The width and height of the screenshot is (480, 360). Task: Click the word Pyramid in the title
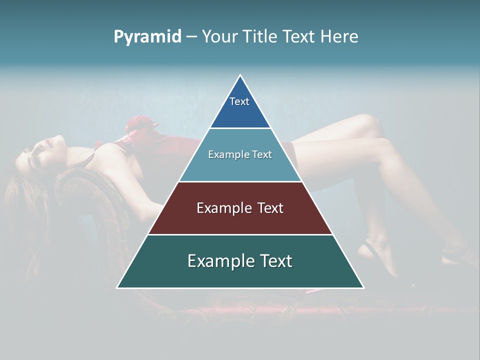pos(147,37)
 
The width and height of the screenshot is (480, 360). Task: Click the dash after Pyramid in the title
pos(191,37)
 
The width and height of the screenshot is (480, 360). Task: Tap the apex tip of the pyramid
pos(240,76)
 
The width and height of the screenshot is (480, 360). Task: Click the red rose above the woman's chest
pos(137,128)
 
